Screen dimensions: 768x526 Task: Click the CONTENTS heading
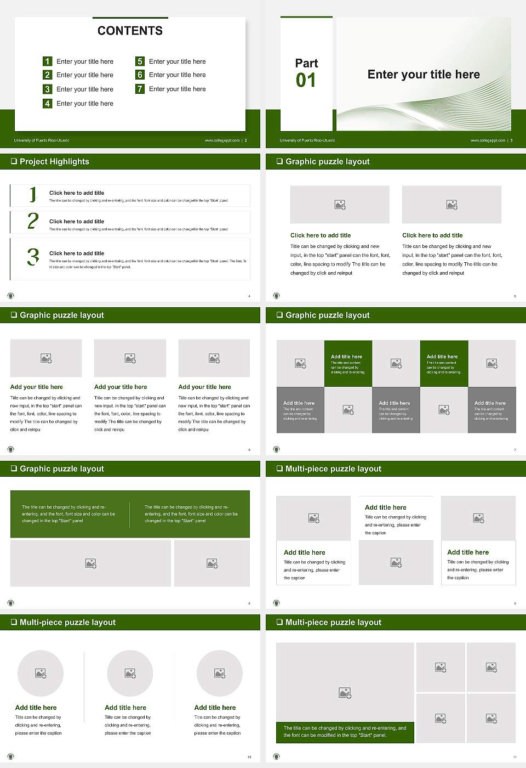130,31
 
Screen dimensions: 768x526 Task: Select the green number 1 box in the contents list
48,61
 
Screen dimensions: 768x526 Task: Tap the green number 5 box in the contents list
140,61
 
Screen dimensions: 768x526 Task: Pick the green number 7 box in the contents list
140,89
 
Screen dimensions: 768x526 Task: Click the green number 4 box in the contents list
48,103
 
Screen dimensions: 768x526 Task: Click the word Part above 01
306,63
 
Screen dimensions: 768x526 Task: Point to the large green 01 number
306,81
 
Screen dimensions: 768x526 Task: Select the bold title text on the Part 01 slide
424,75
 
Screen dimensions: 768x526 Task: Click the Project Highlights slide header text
54,162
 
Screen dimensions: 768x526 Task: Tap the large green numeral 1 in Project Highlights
33,194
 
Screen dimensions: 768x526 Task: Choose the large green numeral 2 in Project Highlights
33,221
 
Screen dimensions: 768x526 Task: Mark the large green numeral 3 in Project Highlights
33,257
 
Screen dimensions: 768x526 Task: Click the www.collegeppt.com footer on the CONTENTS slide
222,140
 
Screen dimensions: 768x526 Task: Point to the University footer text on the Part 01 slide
307,140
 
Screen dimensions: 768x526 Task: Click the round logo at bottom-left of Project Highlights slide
10,296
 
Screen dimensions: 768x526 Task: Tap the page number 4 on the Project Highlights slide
249,296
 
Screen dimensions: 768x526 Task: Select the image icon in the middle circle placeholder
130,673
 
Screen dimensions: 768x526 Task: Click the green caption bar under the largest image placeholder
345,732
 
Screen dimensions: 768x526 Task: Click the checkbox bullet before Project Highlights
14,162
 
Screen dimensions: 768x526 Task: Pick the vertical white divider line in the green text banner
130,515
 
